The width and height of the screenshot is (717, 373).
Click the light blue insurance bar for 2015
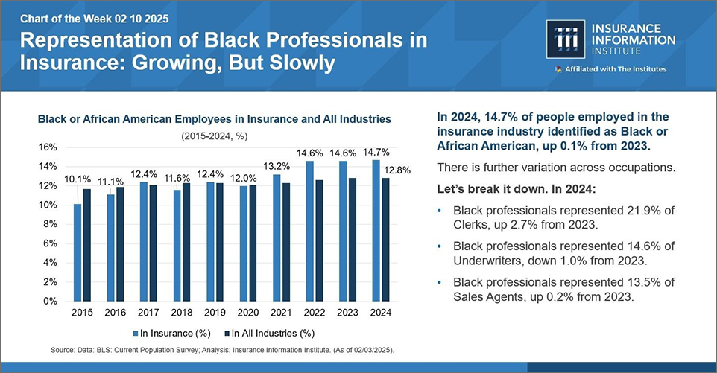click(78, 252)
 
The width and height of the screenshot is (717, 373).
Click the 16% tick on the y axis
click(47, 147)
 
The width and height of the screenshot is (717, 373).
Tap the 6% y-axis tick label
click(49, 243)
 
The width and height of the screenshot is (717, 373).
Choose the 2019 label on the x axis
click(215, 313)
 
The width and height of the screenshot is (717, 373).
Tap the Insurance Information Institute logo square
click(566, 39)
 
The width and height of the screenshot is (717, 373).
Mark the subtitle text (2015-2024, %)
click(215, 136)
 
